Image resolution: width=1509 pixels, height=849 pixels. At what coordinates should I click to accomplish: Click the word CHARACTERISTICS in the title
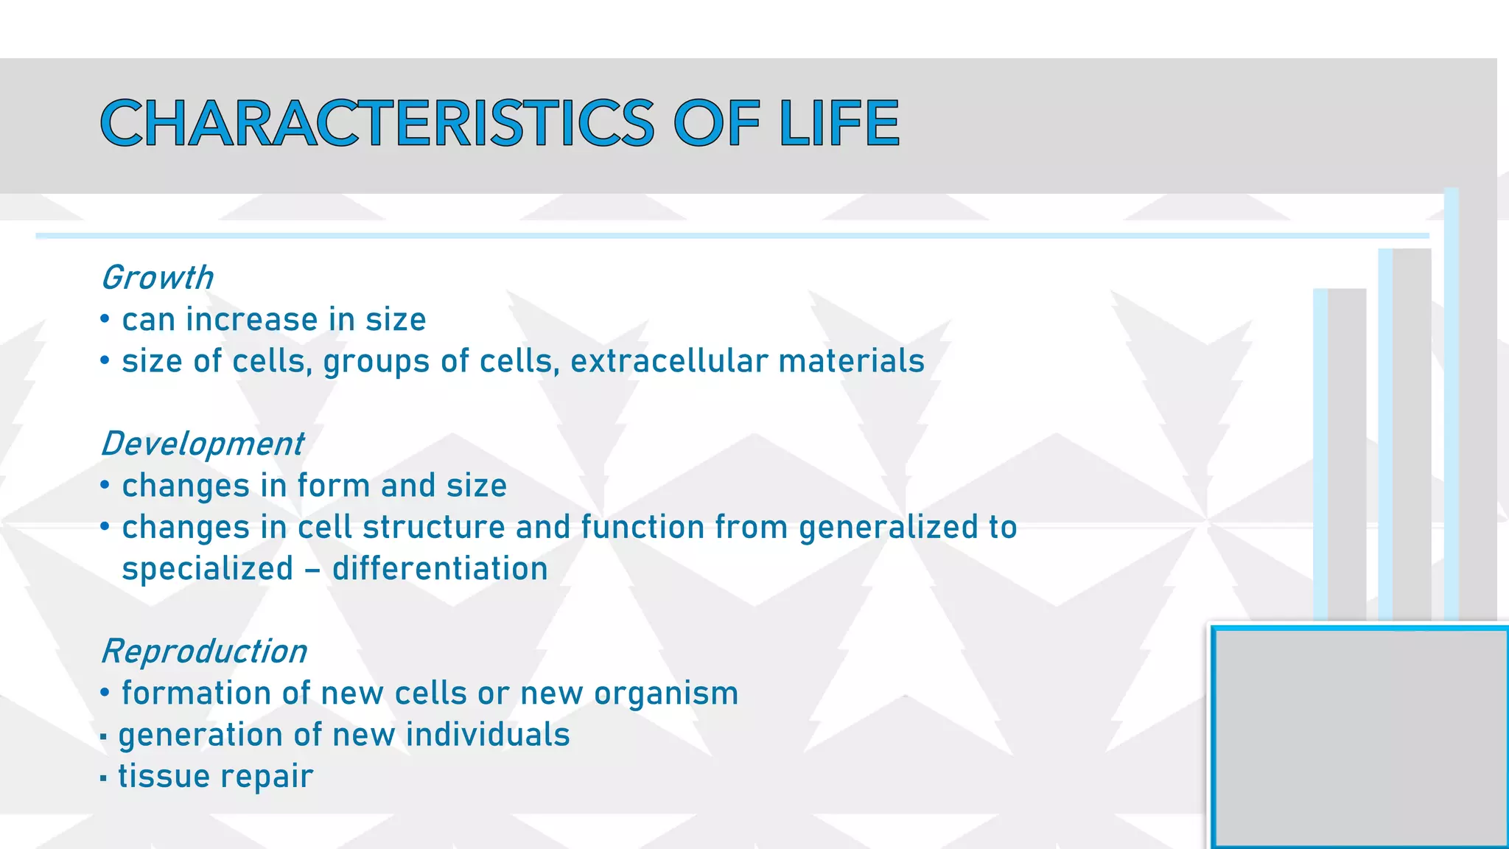pyautogui.click(x=377, y=123)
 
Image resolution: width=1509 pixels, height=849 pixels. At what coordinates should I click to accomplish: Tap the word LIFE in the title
pyautogui.click(x=838, y=123)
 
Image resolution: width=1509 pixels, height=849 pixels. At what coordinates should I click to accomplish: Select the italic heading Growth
pyautogui.click(x=157, y=278)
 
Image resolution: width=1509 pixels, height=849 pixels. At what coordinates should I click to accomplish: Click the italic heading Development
pyautogui.click(x=202, y=444)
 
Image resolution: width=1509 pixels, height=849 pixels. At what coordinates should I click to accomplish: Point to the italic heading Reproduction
pyautogui.click(x=203, y=651)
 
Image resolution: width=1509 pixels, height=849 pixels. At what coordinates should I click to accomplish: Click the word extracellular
pyautogui.click(x=669, y=361)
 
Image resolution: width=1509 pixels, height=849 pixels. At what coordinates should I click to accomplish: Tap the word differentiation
pyautogui.click(x=440, y=569)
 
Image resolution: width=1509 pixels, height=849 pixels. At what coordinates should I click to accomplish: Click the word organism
pyautogui.click(x=666, y=693)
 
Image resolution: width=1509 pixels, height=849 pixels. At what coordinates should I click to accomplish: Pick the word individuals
pyautogui.click(x=488, y=735)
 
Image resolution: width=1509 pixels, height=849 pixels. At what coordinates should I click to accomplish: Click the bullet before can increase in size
pyautogui.click(x=105, y=320)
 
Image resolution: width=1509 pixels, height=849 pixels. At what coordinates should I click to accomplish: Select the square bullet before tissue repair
pyautogui.click(x=103, y=778)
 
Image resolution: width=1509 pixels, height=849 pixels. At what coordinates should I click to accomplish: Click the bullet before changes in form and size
pyautogui.click(x=105, y=486)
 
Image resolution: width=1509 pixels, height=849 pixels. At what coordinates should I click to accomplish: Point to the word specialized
pyautogui.click(x=207, y=570)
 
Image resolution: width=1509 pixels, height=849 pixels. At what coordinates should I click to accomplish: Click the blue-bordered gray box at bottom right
pyautogui.click(x=1360, y=737)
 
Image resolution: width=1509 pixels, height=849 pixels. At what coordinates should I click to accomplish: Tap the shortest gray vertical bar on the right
pyautogui.click(x=1345, y=453)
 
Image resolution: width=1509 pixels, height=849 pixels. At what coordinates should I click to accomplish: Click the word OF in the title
pyautogui.click(x=715, y=123)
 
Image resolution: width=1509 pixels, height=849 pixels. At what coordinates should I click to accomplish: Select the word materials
pyautogui.click(x=851, y=361)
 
